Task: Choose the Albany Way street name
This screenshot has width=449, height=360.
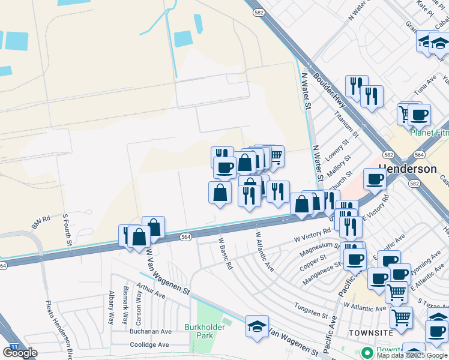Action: pos(111,308)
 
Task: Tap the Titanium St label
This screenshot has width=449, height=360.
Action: pos(346,124)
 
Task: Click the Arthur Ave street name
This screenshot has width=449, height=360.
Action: pos(151,291)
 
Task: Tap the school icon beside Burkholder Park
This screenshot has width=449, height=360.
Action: pos(257,326)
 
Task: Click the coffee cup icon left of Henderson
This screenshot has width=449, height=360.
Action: pos(375,178)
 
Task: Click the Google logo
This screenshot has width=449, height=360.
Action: pos(20,352)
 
